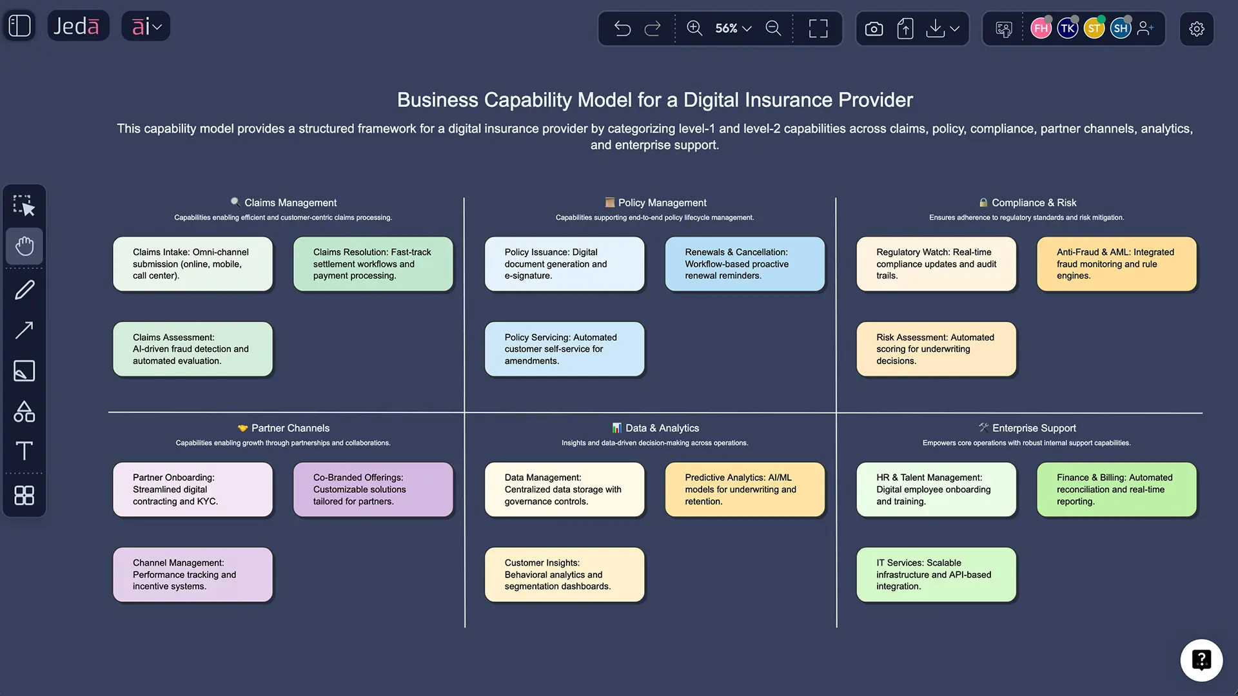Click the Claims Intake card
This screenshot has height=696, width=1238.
pyautogui.click(x=192, y=264)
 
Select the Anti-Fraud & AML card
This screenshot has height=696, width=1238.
pyautogui.click(x=1116, y=264)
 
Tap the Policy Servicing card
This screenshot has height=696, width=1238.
pyautogui.click(x=564, y=349)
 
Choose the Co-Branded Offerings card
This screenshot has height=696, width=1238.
pyautogui.click(x=373, y=489)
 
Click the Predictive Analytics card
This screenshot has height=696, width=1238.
pyautogui.click(x=744, y=489)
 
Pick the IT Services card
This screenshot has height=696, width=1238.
pyautogui.click(x=936, y=574)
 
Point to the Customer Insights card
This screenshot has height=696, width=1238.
pyautogui.click(x=564, y=574)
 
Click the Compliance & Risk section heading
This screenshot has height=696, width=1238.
pyautogui.click(x=1033, y=202)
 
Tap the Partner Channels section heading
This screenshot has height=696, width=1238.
pyautogui.click(x=290, y=428)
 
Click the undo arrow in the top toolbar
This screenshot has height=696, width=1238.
pyautogui.click(x=622, y=28)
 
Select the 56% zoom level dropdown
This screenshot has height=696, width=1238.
pyautogui.click(x=733, y=28)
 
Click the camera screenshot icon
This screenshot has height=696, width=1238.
pyautogui.click(x=874, y=28)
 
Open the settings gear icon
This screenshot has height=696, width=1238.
pyautogui.click(x=1196, y=28)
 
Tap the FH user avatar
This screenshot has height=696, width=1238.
pyautogui.click(x=1040, y=28)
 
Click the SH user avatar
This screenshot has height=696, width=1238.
pyautogui.click(x=1120, y=28)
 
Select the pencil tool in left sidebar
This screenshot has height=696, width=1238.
pyautogui.click(x=25, y=290)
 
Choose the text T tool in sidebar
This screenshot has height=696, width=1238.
pyautogui.click(x=25, y=450)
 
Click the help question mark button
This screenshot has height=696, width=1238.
pyautogui.click(x=1201, y=660)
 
